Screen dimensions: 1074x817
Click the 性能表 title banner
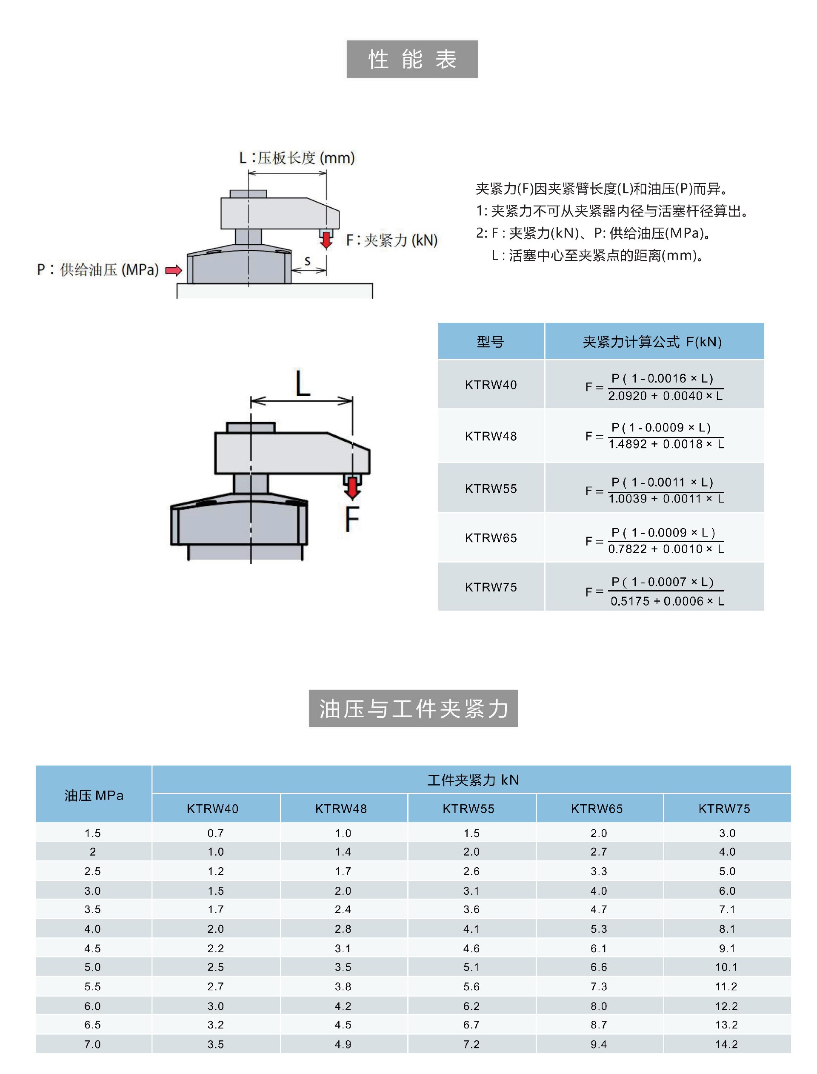click(412, 59)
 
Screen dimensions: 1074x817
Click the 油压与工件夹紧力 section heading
click(413, 708)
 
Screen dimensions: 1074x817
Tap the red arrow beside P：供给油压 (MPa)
click(174, 270)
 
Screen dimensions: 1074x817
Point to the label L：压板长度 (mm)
click(297, 158)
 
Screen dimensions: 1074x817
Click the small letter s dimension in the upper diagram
click(307, 261)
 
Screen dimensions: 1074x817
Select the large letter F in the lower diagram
click(351, 519)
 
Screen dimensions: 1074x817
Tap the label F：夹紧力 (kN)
click(391, 240)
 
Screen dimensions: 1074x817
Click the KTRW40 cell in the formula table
click(491, 385)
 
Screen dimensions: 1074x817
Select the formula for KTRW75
click(654, 591)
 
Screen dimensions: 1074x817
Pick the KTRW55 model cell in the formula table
click(491, 488)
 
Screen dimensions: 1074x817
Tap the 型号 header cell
click(490, 342)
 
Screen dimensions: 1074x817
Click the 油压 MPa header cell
click(94, 795)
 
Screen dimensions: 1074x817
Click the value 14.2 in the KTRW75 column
click(726, 1044)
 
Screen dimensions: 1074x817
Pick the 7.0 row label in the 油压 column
click(92, 1044)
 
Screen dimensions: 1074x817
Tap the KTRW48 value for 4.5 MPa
click(343, 948)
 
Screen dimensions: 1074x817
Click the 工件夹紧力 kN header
click(473, 780)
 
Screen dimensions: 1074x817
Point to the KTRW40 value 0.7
click(215, 833)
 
